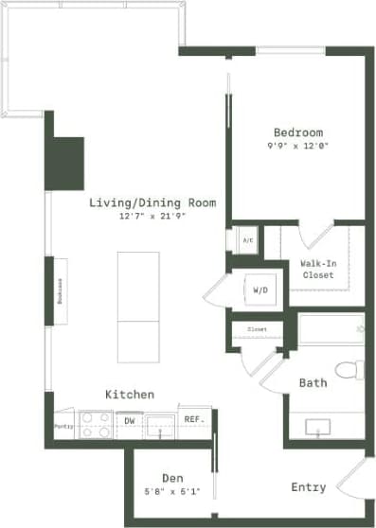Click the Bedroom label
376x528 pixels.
click(x=297, y=132)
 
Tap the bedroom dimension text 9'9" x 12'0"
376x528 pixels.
click(x=297, y=146)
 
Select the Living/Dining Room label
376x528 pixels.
click(x=152, y=202)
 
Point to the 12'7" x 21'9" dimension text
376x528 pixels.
click(x=152, y=217)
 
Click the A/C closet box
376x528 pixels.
click(x=247, y=240)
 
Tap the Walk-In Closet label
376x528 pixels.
click(x=318, y=268)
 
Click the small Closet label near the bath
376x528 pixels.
click(x=257, y=329)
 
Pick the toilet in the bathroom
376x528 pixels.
click(x=349, y=368)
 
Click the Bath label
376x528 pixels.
click(x=313, y=383)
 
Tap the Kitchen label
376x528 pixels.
click(x=130, y=394)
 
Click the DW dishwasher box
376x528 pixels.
click(x=129, y=419)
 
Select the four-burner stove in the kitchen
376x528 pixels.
click(x=95, y=426)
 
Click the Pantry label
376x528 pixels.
click(x=63, y=427)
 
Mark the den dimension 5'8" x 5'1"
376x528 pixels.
click(x=171, y=491)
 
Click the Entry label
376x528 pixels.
click(x=308, y=487)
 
